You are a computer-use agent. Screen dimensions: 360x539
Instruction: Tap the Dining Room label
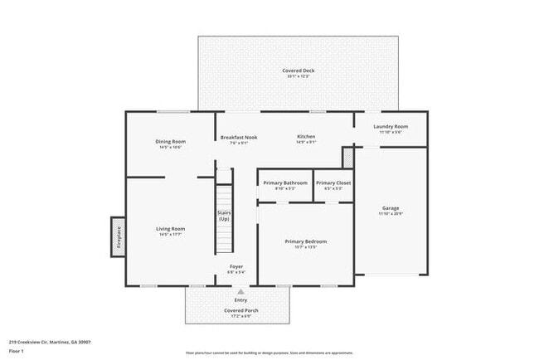(171, 142)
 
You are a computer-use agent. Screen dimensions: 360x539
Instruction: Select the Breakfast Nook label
(238, 136)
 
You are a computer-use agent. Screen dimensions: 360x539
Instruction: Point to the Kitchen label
(307, 136)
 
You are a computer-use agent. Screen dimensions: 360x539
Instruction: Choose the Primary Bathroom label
(284, 182)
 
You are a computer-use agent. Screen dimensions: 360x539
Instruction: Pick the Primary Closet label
(333, 182)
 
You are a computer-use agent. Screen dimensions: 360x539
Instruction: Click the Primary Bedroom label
(306, 241)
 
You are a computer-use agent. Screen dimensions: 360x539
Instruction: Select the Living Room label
(171, 228)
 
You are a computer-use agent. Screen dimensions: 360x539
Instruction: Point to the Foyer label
(236, 266)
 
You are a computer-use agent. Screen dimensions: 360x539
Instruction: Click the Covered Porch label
(241, 310)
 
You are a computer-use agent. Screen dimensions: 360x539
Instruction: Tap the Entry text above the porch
(241, 300)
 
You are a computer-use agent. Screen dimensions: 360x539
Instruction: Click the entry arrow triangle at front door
(241, 292)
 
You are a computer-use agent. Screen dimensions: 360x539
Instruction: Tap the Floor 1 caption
(17, 351)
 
